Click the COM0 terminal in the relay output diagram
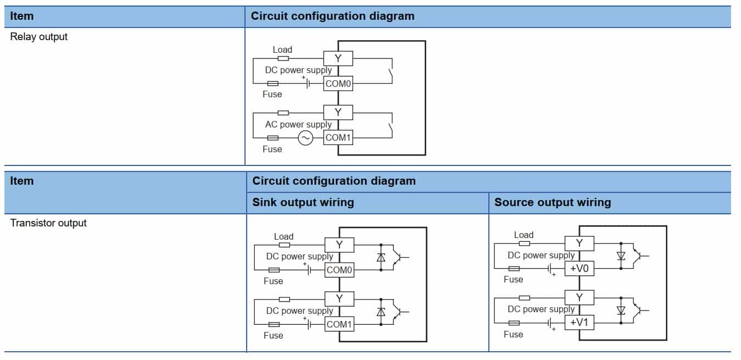338,84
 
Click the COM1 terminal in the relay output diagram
338,138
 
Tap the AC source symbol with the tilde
305,138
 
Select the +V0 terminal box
580,269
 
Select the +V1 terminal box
580,323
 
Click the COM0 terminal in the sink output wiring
339,270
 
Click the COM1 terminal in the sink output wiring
339,324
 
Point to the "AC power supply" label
298,125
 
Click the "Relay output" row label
39,37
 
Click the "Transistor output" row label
48,223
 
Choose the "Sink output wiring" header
303,202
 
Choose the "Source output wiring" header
553,202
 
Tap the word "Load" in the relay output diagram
282,50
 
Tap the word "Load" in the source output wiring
523,235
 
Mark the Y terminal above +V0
580,243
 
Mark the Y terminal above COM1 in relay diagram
338,113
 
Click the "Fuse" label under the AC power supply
272,149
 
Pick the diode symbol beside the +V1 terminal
621,310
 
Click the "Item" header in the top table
22,16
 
